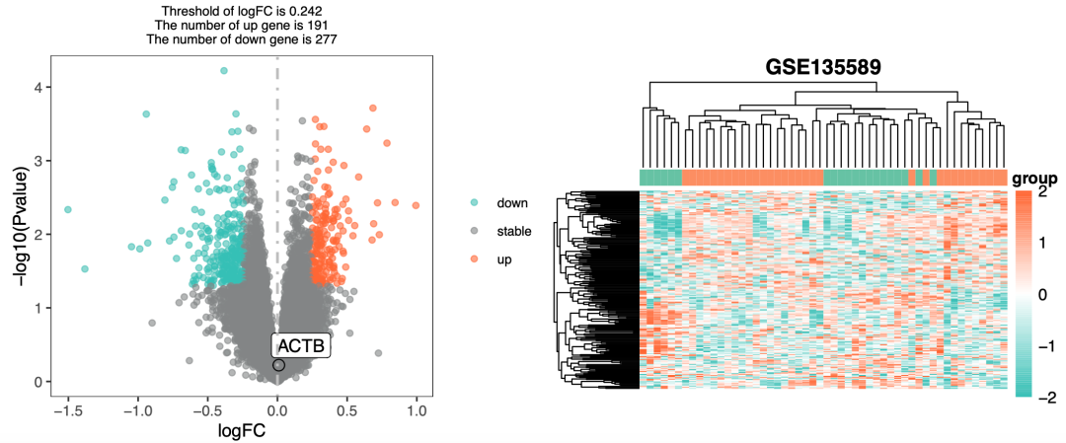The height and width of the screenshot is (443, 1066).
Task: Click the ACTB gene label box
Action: [301, 346]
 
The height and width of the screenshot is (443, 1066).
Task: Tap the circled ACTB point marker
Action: [278, 365]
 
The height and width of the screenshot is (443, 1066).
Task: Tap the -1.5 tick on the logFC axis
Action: [67, 404]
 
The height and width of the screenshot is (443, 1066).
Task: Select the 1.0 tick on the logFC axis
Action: [416, 404]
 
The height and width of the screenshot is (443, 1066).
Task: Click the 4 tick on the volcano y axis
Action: [38, 88]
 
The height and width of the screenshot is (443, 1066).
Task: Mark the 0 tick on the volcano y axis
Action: [38, 382]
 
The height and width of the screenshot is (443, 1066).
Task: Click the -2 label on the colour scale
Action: [1050, 397]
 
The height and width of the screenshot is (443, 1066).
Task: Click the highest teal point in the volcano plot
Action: [224, 71]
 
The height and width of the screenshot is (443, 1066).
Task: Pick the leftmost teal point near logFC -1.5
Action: [68, 209]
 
